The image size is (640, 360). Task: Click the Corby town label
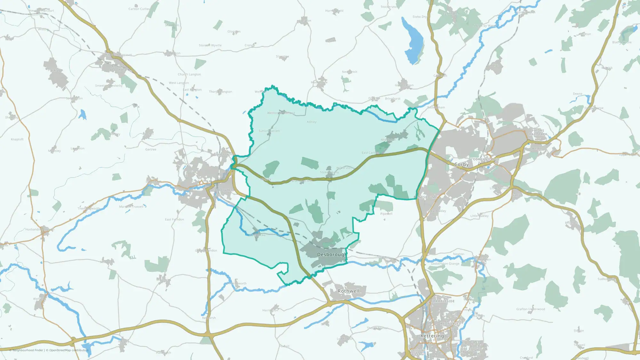pos(461,164)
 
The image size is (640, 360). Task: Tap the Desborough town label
pos(332,254)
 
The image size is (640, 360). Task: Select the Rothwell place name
pos(348,291)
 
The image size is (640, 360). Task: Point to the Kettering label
pos(432,336)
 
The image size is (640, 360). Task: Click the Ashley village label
pos(312,122)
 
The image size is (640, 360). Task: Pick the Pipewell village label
pos(386,214)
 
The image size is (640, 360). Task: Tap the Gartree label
pos(151,149)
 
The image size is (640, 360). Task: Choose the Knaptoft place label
pos(17,140)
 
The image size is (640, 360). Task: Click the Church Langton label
pos(189,75)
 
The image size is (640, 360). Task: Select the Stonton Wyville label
pos(210,45)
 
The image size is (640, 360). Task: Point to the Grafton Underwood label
pos(530,309)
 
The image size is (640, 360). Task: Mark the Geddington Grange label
pos(445,264)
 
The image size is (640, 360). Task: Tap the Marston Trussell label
pos(131,207)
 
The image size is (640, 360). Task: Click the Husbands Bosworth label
pos(40,229)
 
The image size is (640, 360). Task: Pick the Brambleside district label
pos(443,301)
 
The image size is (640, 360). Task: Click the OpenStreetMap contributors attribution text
pos(68,350)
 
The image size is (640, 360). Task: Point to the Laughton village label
pos(77,148)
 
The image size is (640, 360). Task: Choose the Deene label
pos(578,94)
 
